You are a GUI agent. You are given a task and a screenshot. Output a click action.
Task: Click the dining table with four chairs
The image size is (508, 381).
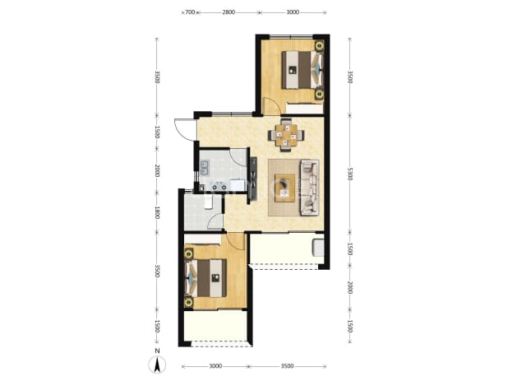286,135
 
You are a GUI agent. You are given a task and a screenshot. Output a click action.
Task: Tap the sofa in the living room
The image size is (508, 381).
309,188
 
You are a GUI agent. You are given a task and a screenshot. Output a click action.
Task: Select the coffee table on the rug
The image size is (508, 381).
284,188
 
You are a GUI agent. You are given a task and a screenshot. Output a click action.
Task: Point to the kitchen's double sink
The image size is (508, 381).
205,167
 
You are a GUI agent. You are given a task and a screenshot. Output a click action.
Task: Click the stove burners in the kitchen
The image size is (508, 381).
219,186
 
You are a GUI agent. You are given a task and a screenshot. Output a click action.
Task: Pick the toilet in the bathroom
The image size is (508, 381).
208,202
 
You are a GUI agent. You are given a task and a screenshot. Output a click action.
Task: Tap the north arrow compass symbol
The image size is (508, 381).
157,365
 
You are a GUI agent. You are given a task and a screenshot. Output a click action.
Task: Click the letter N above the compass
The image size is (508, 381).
157,351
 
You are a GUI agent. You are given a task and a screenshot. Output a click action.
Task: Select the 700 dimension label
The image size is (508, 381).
190,12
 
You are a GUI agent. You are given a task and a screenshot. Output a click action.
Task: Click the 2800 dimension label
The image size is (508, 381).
229,12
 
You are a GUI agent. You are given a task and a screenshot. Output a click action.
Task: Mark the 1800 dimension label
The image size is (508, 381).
157,212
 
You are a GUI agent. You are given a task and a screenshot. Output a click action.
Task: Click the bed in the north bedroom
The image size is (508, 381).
302,70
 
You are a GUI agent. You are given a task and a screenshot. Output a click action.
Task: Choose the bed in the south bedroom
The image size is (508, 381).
206,278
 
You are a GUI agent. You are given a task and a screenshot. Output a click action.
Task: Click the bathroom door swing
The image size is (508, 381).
215,222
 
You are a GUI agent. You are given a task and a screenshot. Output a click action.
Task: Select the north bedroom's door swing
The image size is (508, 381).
270,105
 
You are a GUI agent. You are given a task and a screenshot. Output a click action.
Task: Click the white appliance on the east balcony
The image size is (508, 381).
317,248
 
